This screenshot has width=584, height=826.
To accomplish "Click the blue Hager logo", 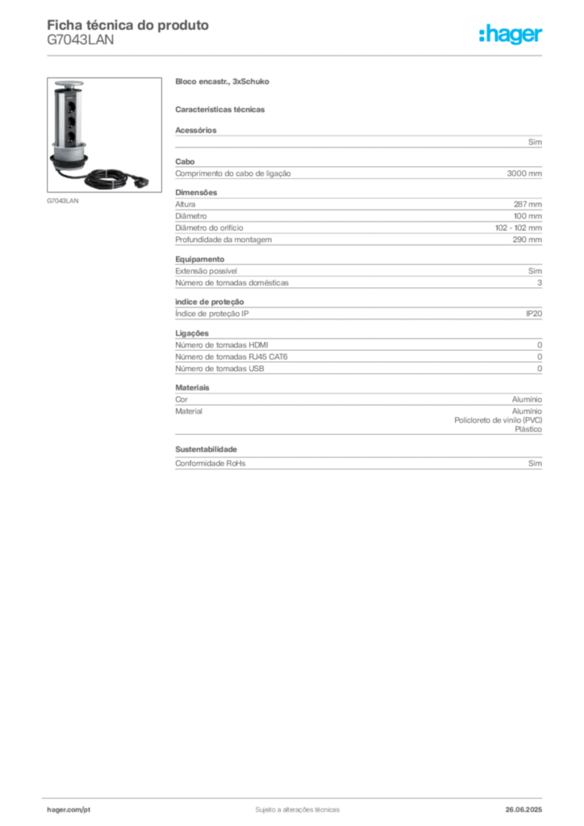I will [x=511, y=35].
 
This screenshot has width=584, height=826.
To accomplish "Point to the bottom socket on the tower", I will [x=73, y=137].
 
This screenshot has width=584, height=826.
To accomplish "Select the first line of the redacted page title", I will [x=129, y=27].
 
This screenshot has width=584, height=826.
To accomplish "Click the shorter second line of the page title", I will [x=81, y=45].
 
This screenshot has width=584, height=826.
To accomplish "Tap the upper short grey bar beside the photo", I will [x=222, y=84].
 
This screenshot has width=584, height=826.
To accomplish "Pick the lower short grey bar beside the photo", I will [x=222, y=109].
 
